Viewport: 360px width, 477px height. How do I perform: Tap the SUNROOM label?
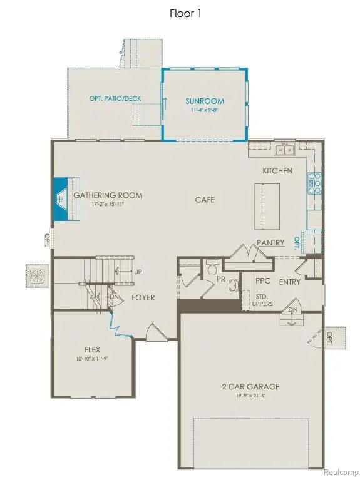[204, 101]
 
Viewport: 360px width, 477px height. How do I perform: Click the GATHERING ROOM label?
[108, 195]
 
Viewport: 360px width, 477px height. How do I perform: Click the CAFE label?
[205, 200]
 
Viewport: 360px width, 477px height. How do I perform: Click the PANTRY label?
[270, 242]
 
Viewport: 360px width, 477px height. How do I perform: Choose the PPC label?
[263, 282]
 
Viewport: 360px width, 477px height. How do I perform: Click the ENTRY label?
[291, 282]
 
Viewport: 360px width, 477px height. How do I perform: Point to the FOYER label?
[143, 297]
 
